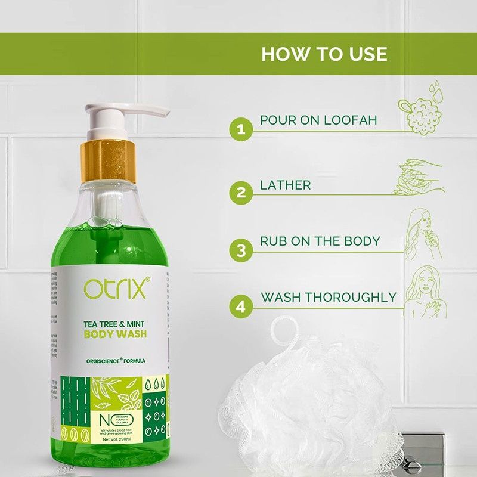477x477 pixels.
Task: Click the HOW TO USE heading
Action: pos(324,54)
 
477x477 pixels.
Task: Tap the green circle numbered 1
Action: pos(241,128)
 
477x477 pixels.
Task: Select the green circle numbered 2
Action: pos(241,193)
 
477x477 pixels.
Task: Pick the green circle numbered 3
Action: pos(241,250)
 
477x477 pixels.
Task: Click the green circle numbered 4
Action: pos(241,307)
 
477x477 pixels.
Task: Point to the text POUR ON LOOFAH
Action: pos(318,120)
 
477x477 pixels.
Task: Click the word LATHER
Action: pos(286,185)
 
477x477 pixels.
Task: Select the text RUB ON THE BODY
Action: pos(320,241)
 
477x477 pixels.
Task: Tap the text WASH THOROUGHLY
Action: pos(328,297)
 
